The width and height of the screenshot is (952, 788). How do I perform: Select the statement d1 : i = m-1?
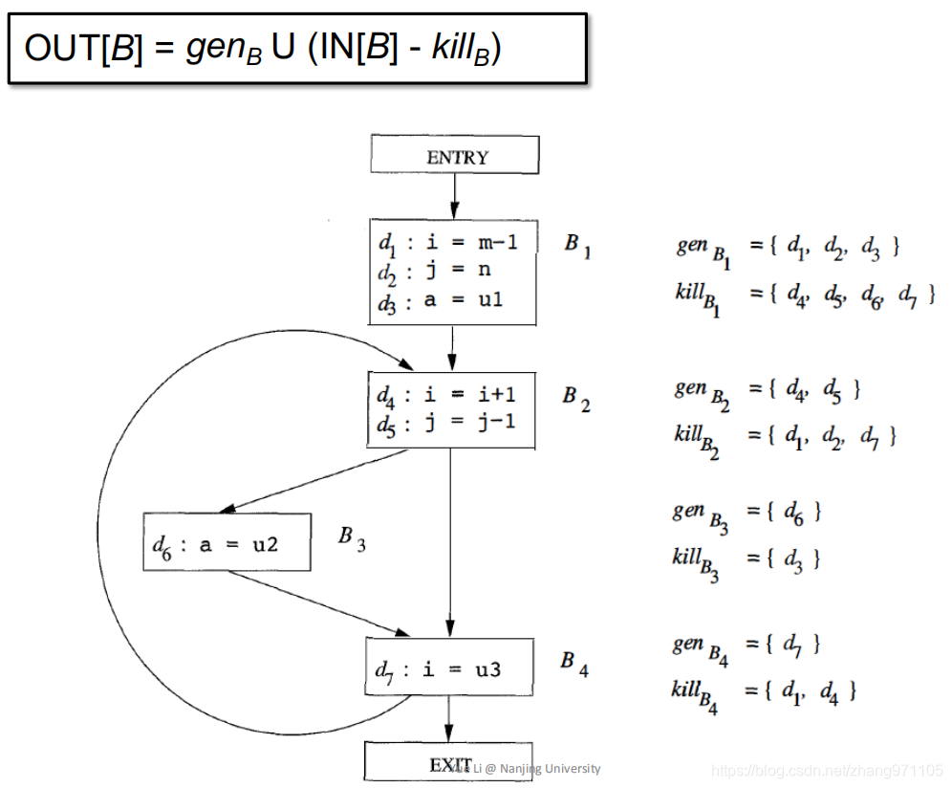click(447, 243)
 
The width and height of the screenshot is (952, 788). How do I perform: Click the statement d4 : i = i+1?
click(445, 394)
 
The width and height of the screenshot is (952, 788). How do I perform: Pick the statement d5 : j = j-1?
click(445, 422)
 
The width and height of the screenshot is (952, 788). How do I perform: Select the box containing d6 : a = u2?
click(227, 542)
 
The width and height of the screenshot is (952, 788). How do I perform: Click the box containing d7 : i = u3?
click(447, 669)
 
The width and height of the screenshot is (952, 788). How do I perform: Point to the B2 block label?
click(575, 398)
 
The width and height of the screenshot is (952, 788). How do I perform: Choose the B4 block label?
click(573, 663)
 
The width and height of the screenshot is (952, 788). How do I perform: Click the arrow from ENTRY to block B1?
click(454, 196)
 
